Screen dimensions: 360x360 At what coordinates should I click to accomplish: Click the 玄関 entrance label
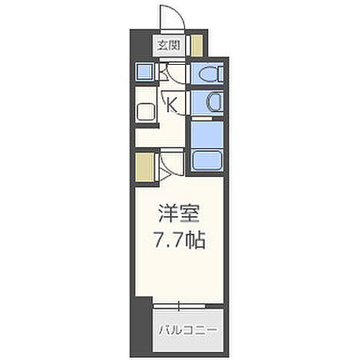click(x=170, y=45)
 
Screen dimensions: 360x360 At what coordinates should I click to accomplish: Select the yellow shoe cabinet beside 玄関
click(x=195, y=46)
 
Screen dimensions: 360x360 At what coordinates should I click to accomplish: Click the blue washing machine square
click(x=144, y=72)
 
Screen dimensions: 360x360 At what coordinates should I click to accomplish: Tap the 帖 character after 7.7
click(x=198, y=239)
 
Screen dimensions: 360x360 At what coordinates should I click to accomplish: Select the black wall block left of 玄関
click(x=142, y=45)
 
